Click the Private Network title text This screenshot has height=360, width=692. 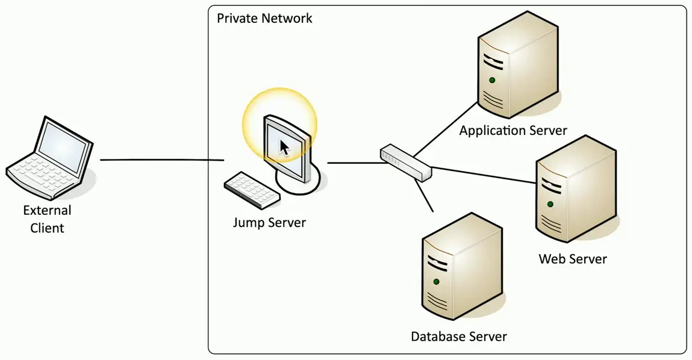(264, 18)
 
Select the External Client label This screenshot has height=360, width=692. (47, 219)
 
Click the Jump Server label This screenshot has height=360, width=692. (269, 223)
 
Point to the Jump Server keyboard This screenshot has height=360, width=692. (252, 187)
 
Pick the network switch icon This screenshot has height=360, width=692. (406, 163)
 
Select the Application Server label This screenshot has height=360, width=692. (513, 130)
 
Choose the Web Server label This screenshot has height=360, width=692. (573, 259)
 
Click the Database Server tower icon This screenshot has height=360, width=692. (461, 271)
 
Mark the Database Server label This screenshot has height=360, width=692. (459, 337)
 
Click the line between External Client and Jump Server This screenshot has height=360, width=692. (162, 160)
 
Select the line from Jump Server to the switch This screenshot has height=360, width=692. (354, 163)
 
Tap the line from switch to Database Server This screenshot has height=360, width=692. (425, 196)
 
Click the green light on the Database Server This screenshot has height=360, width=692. (435, 281)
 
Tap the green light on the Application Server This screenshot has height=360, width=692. (492, 80)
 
